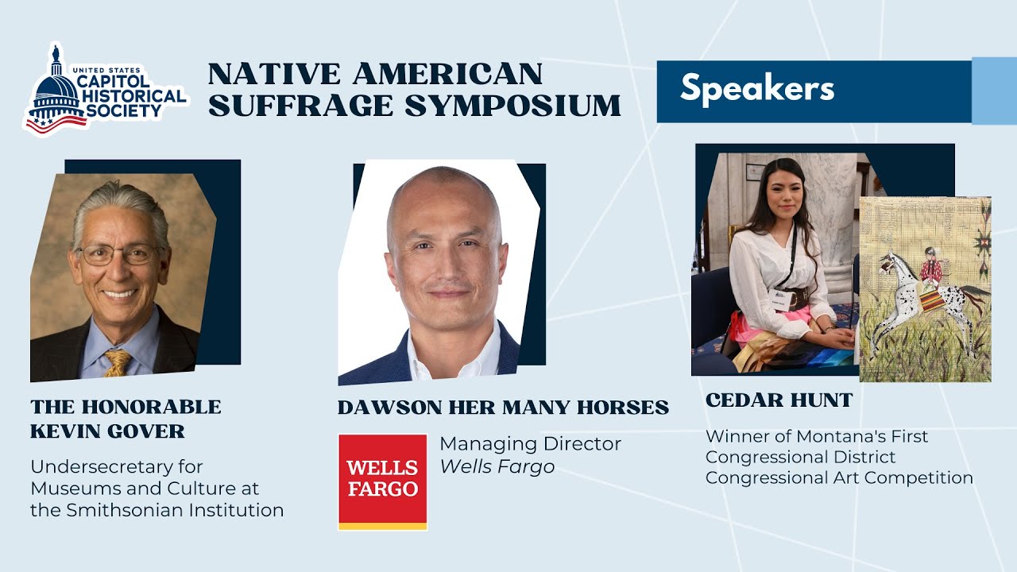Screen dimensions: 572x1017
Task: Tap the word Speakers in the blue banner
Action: (x=756, y=88)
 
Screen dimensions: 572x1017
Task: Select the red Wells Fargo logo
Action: (x=382, y=481)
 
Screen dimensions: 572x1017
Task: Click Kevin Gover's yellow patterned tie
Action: (x=118, y=363)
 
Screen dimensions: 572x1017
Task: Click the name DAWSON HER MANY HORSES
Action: (x=503, y=408)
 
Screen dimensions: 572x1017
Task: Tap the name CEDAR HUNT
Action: (x=779, y=400)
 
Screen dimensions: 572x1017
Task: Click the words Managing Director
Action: (x=530, y=443)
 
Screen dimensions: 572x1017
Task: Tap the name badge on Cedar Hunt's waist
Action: (x=779, y=303)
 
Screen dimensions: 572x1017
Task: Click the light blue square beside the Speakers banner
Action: (x=994, y=91)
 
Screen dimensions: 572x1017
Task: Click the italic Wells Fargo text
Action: (x=497, y=466)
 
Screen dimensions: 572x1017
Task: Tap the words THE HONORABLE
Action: (x=126, y=408)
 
